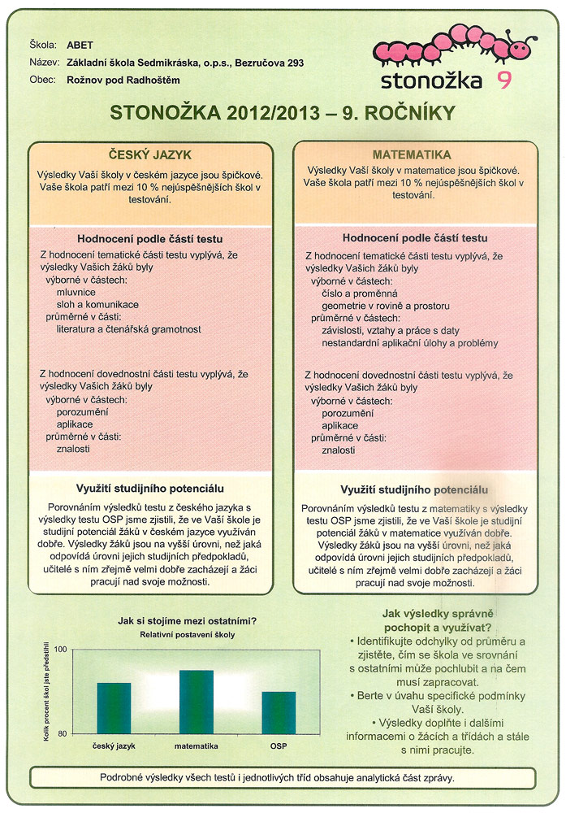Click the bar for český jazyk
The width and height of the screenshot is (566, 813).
[114, 707]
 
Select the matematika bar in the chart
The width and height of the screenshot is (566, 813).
[196, 701]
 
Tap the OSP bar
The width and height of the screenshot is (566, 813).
[279, 711]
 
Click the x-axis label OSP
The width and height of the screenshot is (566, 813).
[279, 745]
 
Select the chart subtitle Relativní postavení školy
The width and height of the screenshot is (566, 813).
[188, 635]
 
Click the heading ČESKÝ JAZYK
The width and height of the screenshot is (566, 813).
[150, 154]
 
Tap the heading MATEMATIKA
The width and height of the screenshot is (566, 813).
[413, 154]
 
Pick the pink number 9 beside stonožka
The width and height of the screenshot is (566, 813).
[504, 80]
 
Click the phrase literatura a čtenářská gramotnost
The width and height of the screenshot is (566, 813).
[128, 329]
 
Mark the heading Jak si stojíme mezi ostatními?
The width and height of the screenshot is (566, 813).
[188, 621]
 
